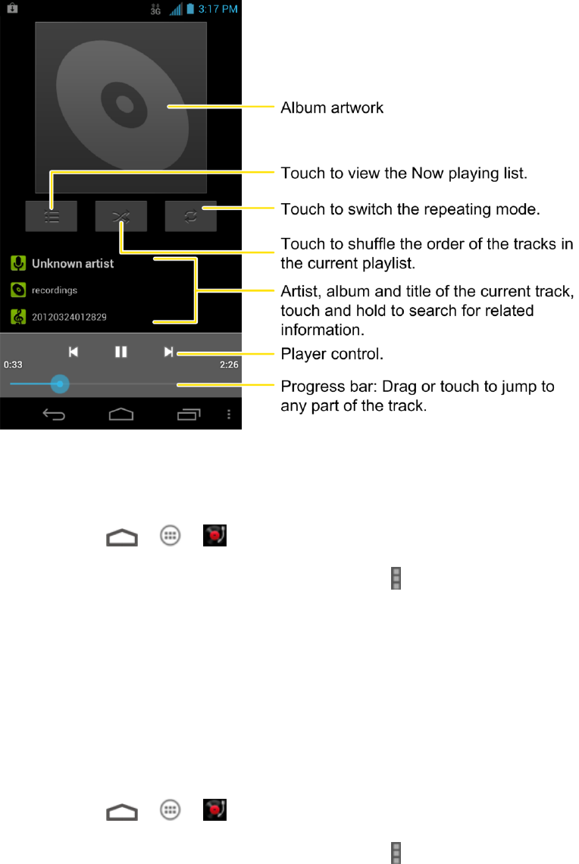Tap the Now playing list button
coord(51,216)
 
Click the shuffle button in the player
coord(121,216)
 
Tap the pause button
coord(120,352)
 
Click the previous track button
coord(74,352)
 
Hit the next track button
coord(168,352)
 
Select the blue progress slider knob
coord(60,384)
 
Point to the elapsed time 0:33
coord(13,365)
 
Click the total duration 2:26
coord(228,365)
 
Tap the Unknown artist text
coord(73,264)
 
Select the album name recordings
coord(55,290)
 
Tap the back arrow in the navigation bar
coord(54,414)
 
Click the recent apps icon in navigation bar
coord(189,414)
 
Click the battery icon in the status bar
coord(191,9)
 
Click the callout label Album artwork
coord(332,108)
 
